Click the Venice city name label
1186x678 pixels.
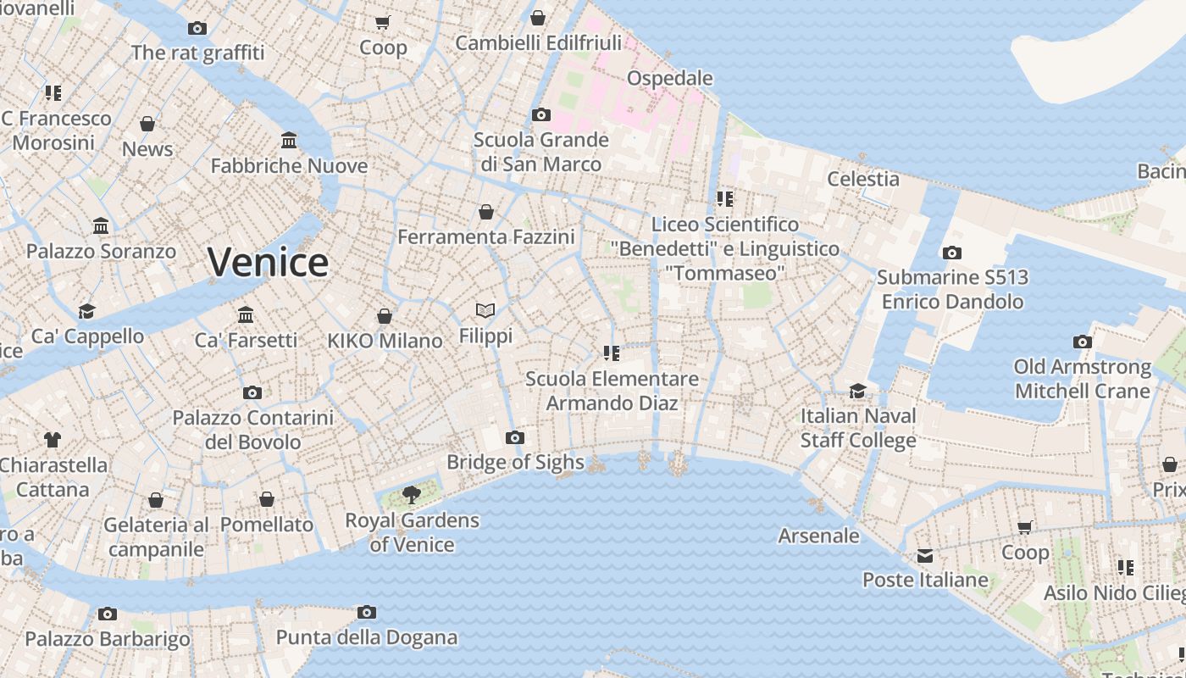pos(268,262)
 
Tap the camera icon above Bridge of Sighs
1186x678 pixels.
pos(514,438)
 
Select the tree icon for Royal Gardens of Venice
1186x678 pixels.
pos(412,494)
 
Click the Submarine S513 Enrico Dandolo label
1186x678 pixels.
pos(952,289)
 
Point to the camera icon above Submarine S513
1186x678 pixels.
pos(951,253)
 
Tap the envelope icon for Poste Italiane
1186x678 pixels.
pos(925,556)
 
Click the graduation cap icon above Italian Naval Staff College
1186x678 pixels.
pos(858,391)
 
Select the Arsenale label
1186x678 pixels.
pos(818,536)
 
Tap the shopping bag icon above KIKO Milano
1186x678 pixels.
pos(385,316)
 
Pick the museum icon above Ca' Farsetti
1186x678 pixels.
pos(246,315)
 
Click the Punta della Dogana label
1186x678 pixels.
pos(367,637)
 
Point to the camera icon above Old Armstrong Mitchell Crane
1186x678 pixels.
pos(1082,342)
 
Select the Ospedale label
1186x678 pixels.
pos(669,78)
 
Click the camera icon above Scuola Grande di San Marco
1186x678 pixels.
pos(540,114)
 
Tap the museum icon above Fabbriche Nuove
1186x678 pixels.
pos(289,140)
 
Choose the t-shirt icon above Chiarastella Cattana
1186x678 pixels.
pos(53,439)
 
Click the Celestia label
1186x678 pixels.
pos(862,179)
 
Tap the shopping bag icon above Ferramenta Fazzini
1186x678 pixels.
pos(486,212)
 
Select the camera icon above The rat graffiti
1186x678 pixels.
pos(197,28)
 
